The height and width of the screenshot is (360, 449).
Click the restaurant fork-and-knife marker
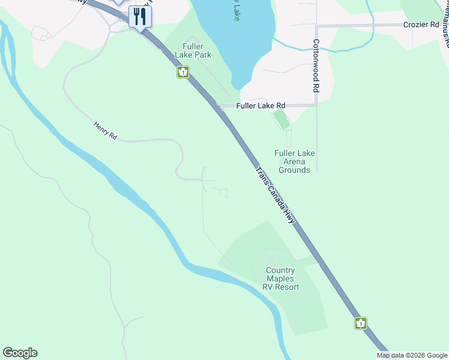pos(140,16)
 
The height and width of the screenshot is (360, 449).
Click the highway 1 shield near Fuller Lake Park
pos(183,73)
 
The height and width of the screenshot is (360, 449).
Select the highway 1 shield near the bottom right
pos(360,323)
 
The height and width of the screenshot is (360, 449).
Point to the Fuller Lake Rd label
pos(261,106)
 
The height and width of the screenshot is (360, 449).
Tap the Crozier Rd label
pos(421,25)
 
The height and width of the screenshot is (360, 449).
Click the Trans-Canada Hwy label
pos(276,196)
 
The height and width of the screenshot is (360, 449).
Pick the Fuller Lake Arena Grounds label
pos(294,161)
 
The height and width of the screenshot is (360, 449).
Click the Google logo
pos(20,353)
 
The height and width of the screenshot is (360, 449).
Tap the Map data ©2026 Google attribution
pos(412,355)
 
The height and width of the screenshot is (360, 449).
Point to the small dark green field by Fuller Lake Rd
pos(281,118)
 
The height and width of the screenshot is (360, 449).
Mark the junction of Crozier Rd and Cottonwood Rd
pos(316,26)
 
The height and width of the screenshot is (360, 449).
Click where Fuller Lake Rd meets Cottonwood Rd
pos(316,105)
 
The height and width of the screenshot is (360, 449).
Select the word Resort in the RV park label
pos(289,287)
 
